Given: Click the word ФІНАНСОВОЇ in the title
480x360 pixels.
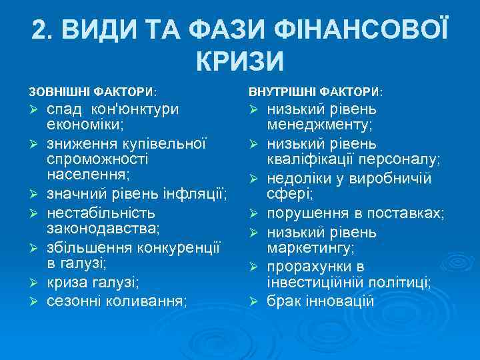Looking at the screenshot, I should coord(356,30).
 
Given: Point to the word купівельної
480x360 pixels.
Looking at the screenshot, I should coord(165,144).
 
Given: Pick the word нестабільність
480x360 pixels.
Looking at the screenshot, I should coord(101,213).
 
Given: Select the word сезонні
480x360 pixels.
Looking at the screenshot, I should coord(74,300).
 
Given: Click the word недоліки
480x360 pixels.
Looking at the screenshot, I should coord(297,179).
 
